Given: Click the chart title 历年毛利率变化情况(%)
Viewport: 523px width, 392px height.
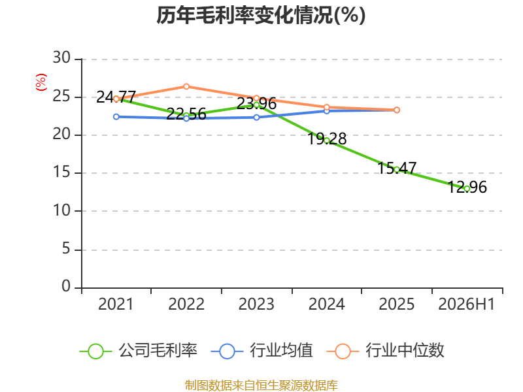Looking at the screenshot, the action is pos(261,15).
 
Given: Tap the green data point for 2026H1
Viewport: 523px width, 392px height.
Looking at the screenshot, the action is pos(467,189).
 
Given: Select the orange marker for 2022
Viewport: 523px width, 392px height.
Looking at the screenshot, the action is pos(186,87).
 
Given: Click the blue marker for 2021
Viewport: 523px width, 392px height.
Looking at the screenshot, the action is pos(116,117).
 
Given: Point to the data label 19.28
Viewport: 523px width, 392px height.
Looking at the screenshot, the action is pos(327,139).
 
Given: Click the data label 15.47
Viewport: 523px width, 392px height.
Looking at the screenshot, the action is pos(397,168).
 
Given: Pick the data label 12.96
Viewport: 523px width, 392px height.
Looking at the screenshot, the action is pos(467,187).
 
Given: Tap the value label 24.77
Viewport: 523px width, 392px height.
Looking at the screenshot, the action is pos(116,97).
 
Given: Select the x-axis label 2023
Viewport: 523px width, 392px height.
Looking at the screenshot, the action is pos(256,304).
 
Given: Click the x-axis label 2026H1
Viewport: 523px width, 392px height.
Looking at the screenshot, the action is pos(466,304).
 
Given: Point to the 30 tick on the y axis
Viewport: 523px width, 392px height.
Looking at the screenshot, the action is pos(61,58).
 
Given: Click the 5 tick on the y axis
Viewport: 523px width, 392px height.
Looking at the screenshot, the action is pos(66,249).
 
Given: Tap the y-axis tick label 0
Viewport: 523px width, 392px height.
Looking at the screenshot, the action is pos(66,286).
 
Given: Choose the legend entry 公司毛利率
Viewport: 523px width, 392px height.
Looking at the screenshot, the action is pos(139,351).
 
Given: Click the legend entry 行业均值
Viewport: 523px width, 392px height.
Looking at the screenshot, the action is pos(262,351).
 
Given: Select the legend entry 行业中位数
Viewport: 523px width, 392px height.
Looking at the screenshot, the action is pos(385,351).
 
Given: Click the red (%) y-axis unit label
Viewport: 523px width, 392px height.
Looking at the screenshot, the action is pos(41,82).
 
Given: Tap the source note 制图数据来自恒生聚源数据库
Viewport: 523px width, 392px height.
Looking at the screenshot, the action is pos(261,385).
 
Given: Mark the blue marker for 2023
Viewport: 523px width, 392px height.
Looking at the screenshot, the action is pos(256,118).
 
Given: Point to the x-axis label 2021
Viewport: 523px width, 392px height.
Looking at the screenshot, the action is pos(116,304).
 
